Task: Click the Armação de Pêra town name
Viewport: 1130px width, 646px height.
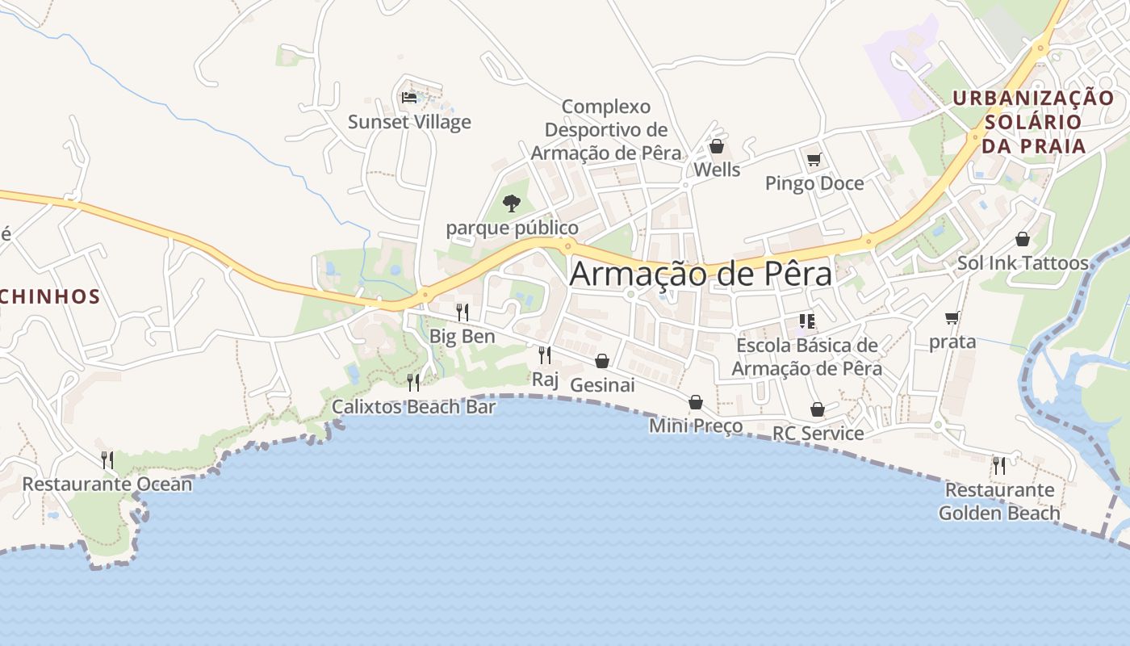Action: tap(701, 275)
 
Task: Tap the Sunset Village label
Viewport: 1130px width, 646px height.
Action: tap(409, 122)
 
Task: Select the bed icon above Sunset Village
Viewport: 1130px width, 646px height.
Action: tap(409, 98)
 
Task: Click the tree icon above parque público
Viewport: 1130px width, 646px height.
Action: tap(511, 203)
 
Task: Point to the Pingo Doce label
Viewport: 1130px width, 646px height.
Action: tap(814, 183)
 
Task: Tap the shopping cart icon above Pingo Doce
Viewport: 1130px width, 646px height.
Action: tap(814, 159)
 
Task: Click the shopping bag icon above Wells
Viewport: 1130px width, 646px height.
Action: tap(716, 146)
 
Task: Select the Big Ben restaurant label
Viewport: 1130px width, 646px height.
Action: tap(462, 336)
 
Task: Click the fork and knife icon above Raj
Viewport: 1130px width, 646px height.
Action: tap(545, 354)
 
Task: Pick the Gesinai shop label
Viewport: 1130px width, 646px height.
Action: tap(602, 385)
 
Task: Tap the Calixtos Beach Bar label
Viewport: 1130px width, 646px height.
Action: tap(414, 406)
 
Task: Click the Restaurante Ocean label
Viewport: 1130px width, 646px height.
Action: tap(107, 484)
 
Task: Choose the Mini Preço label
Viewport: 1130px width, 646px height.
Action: tap(696, 426)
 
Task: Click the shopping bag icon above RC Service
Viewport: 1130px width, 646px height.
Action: tap(818, 409)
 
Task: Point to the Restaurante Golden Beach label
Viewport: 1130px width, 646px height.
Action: tap(999, 501)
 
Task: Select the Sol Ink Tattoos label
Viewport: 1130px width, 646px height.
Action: tap(1023, 262)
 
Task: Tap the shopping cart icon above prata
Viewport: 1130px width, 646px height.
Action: tap(952, 317)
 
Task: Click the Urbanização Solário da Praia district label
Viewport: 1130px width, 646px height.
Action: tap(1034, 122)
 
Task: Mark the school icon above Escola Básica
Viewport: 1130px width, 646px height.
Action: tap(806, 321)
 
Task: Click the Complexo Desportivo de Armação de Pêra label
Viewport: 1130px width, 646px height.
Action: tap(606, 129)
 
